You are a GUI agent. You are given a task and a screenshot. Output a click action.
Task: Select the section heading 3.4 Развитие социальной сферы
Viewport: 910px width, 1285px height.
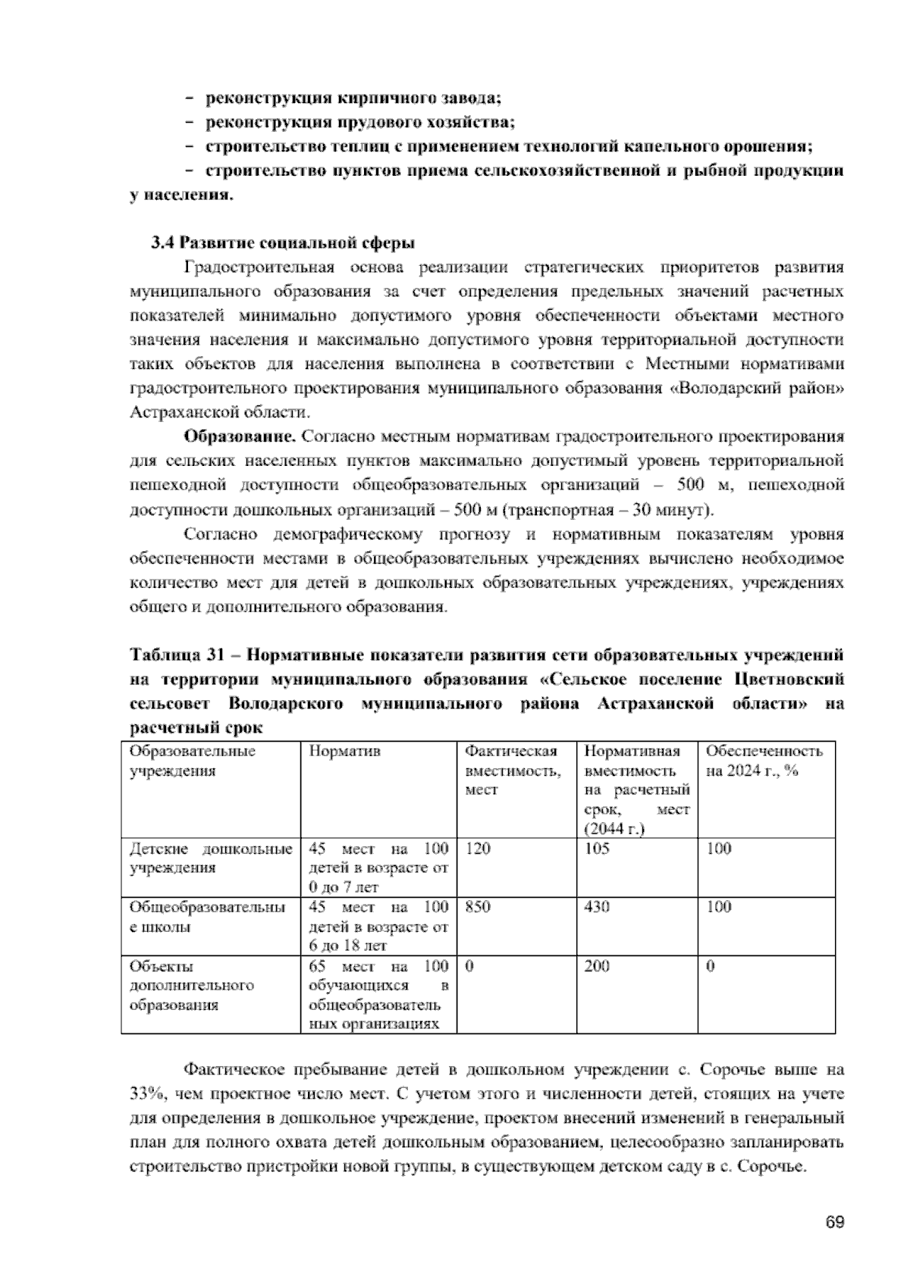click(282, 243)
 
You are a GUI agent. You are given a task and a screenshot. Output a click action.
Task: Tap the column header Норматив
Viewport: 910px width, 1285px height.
click(344, 752)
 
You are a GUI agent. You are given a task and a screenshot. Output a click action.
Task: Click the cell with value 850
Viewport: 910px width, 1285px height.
click(478, 907)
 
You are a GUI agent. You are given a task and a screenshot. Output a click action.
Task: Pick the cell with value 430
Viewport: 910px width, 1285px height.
click(597, 907)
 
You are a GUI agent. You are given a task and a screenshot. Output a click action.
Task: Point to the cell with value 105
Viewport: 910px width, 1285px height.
click(597, 849)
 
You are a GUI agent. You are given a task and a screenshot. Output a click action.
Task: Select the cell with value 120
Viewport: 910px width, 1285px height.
click(478, 849)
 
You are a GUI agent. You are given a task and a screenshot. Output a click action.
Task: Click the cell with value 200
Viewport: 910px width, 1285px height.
click(597, 966)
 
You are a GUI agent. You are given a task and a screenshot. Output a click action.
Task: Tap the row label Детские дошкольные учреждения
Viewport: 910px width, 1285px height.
click(211, 858)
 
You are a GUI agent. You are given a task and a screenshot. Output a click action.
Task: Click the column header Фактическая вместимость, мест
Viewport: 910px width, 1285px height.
click(513, 771)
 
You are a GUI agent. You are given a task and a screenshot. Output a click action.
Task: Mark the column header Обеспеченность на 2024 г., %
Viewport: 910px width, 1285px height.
click(764, 761)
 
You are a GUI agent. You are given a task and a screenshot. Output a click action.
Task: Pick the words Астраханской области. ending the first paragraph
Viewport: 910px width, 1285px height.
click(219, 413)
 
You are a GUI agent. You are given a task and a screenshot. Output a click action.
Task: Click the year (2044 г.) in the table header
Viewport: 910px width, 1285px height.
click(614, 829)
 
